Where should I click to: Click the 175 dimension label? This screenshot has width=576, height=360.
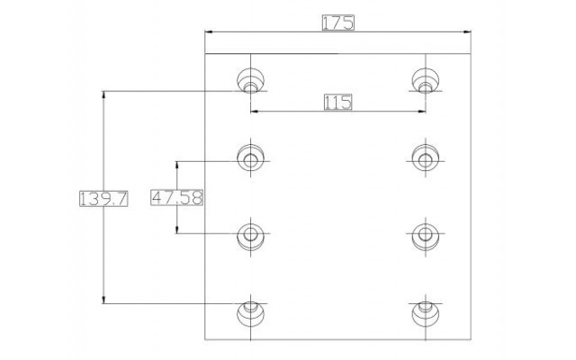[x=338, y=22]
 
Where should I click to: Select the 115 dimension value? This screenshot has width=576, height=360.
[x=338, y=102]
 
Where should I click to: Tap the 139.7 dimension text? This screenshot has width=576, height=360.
[x=103, y=199]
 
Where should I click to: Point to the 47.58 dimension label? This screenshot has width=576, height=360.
[x=177, y=197]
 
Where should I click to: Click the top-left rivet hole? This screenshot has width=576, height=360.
[x=250, y=80]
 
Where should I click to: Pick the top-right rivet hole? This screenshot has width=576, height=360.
[x=426, y=80]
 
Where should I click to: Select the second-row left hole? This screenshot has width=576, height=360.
[x=250, y=158]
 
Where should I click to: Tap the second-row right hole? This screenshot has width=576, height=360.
[x=426, y=158]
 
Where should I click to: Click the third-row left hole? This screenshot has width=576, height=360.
[x=250, y=236]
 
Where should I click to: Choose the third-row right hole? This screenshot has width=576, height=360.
[x=426, y=236]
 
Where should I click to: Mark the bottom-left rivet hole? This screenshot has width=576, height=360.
[x=250, y=313]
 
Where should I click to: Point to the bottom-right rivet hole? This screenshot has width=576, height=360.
[x=426, y=313]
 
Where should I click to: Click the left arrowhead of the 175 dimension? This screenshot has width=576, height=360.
[x=209, y=32]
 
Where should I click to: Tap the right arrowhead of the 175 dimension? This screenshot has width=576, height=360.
[x=467, y=32]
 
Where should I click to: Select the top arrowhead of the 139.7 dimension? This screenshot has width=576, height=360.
[x=103, y=94]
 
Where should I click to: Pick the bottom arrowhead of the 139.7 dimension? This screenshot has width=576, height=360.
[x=103, y=300]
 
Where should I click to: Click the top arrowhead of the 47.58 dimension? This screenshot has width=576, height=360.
[x=177, y=166]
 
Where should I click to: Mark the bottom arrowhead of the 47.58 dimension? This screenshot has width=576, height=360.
[x=177, y=229]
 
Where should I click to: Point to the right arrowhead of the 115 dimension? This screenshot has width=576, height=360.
[x=421, y=112]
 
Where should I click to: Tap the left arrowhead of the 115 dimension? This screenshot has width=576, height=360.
[x=255, y=112]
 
